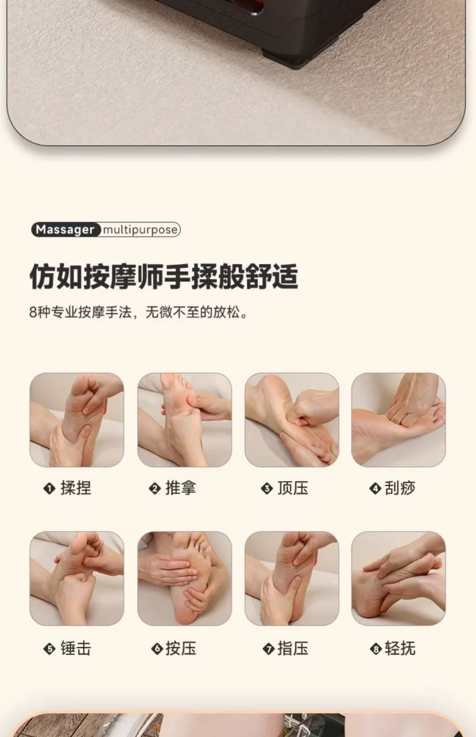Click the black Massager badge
tap(65, 229)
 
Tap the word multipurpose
tap(140, 230)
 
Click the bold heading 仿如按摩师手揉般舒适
tap(164, 276)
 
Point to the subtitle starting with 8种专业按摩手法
tap(138, 312)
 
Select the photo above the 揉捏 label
tap(77, 420)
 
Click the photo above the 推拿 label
tap(184, 420)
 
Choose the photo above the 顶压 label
tap(292, 420)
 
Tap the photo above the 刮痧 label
tap(399, 420)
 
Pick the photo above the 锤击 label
tap(77, 578)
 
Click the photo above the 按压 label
tap(184, 578)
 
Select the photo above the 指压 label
tap(292, 578)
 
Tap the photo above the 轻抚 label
tap(399, 578)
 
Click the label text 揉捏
tap(76, 488)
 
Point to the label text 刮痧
tap(400, 488)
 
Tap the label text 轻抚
tap(400, 649)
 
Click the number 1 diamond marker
tap(50, 489)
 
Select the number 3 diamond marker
tap(267, 489)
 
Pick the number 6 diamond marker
tap(157, 649)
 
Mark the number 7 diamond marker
tap(268, 649)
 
